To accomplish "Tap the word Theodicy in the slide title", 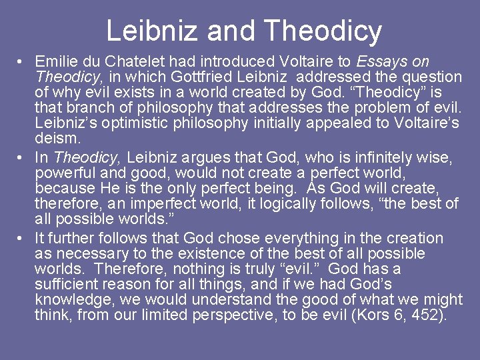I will pyautogui.click(x=323, y=31).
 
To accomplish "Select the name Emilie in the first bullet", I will pyautogui.click(x=57, y=62).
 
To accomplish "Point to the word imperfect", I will pyautogui.click(x=134, y=203).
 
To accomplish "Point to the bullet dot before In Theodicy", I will pyautogui.click(x=22, y=158).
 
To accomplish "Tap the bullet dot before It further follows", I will pyautogui.click(x=22, y=239).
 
